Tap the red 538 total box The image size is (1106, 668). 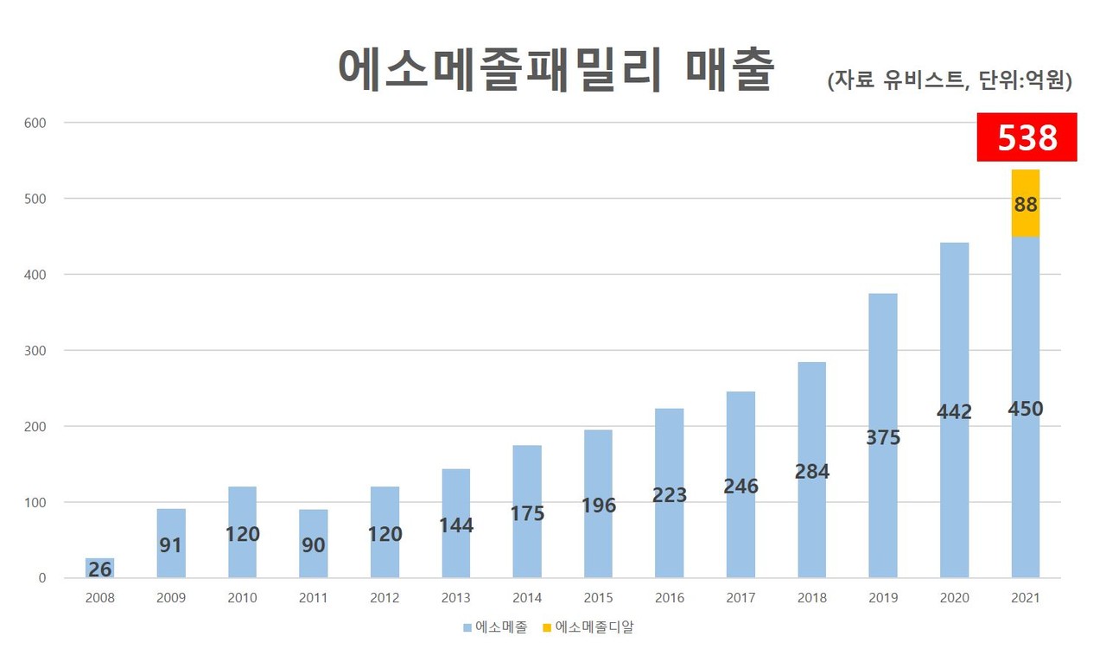pos(1027,137)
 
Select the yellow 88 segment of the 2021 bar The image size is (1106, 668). pos(1026,204)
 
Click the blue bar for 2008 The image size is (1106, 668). pos(99,568)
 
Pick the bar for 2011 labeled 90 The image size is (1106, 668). pos(313,544)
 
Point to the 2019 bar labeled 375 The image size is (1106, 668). pos(883,436)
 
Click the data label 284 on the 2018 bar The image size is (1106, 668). pos(812,472)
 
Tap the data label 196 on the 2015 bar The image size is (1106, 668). pos(598,506)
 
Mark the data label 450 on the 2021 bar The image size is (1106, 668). pos(1026,409)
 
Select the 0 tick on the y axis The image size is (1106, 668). pos(41,578)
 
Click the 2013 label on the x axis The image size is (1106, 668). pos(455,598)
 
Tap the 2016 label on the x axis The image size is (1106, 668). pos(670,598)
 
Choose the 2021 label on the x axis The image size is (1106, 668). pos(1026,598)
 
